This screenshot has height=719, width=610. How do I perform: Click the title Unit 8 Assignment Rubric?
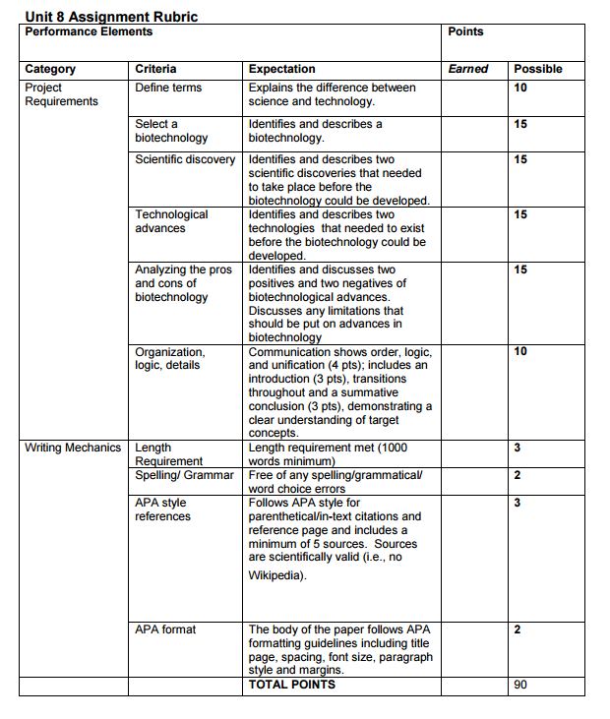point(110,17)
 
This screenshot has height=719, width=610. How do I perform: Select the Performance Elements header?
point(89,31)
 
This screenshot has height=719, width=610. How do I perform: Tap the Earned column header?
point(468,69)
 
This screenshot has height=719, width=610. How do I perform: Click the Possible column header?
point(538,69)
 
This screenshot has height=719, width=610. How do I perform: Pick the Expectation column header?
point(281,69)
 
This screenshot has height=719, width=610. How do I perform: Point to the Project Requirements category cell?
point(61,94)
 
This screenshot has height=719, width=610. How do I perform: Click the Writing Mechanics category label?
point(73,448)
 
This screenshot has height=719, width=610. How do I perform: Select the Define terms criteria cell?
point(168,88)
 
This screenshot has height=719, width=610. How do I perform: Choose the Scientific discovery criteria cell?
point(185,159)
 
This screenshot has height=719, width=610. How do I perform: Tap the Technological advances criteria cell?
point(171,221)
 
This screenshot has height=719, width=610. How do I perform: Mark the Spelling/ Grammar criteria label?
point(184,475)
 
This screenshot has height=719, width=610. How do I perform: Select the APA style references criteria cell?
point(162,509)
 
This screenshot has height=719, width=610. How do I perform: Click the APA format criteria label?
point(165,629)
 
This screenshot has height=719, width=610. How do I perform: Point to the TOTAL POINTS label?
point(291,685)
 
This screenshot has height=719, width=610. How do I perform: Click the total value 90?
point(520,685)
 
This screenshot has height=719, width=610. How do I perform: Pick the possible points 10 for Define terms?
point(520,88)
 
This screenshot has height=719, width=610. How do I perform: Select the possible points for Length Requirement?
point(518,448)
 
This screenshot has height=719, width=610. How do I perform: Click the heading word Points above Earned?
point(465,31)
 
